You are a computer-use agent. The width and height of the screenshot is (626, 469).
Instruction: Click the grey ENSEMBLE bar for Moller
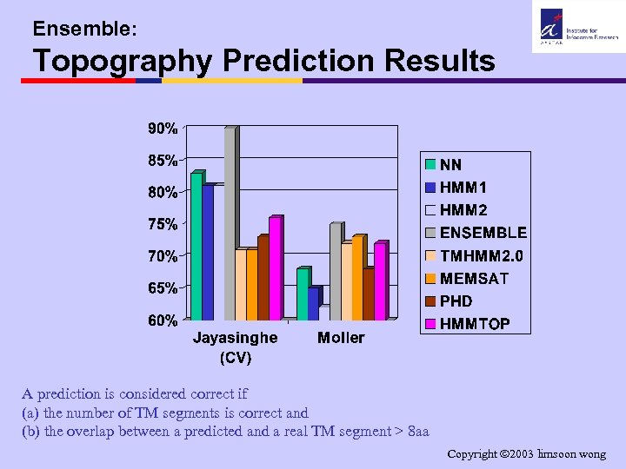(x=335, y=272)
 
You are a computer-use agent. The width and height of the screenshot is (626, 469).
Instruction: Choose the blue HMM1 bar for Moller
(x=313, y=303)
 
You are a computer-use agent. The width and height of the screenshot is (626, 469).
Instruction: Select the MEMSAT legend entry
(x=474, y=279)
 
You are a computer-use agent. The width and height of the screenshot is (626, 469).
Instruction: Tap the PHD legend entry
(x=456, y=301)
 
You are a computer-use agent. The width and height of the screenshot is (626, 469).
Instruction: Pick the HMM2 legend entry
(x=463, y=210)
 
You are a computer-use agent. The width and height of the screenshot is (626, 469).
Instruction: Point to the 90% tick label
(x=162, y=129)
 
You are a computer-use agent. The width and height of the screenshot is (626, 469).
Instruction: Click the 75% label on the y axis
(x=162, y=224)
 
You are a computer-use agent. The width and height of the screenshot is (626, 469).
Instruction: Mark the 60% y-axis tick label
(x=162, y=320)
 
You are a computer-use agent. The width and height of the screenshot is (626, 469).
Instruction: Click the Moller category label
(x=341, y=337)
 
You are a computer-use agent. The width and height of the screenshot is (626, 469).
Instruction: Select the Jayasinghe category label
(x=235, y=337)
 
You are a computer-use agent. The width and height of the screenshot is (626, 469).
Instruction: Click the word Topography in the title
(x=123, y=62)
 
